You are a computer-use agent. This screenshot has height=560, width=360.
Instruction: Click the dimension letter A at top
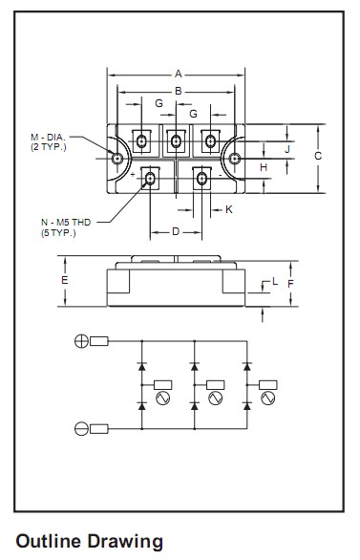pos(178,74)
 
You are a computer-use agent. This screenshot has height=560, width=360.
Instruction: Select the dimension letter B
pos(178,91)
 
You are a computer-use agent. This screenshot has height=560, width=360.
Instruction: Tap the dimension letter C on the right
pos(318,156)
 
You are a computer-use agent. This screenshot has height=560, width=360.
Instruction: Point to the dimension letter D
pos(176,232)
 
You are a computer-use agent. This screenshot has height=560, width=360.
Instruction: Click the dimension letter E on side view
pos(64,280)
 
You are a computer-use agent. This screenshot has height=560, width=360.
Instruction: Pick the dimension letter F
pos(290,284)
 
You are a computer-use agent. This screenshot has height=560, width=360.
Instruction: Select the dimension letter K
pos(229,209)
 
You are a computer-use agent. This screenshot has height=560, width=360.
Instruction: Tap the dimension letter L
pos(275,281)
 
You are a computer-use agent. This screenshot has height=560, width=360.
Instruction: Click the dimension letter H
pos(264,167)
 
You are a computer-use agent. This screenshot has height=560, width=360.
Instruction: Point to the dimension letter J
pos(287,149)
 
